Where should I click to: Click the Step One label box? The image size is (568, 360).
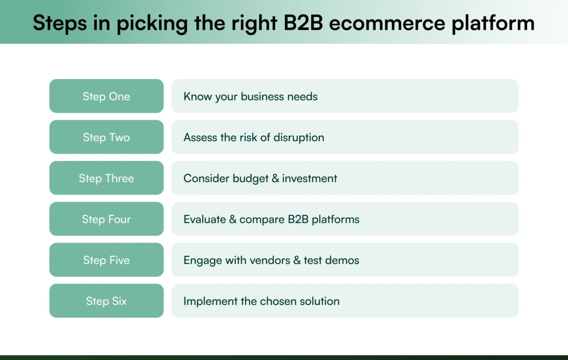coord(106,96)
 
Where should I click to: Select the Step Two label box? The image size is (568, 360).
coord(106,137)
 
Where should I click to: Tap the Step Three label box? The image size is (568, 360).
coord(106,178)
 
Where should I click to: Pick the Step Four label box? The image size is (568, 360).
coord(106,219)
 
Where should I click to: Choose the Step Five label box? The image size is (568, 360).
coord(106,260)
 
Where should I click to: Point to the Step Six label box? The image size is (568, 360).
coord(106,301)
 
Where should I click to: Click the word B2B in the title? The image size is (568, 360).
coord(303,23)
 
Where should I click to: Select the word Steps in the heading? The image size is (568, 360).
coord(58,23)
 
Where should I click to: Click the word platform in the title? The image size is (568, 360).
coord(493,23)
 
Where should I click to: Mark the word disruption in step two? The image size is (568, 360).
coord(299,137)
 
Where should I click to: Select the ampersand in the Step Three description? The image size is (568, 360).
coord(275,178)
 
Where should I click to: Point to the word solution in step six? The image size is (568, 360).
coord(320,301)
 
